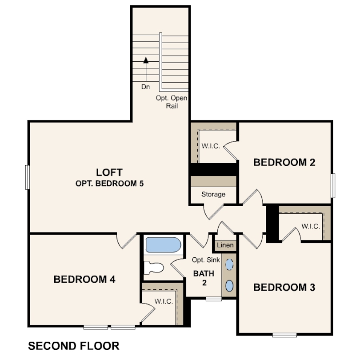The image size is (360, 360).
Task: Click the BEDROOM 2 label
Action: click(x=284, y=163)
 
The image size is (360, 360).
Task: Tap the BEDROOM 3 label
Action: click(x=284, y=288)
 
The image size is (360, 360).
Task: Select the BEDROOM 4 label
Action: click(x=84, y=280)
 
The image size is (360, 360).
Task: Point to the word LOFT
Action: click(x=109, y=172)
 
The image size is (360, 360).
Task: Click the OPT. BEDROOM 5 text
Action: click(x=109, y=183)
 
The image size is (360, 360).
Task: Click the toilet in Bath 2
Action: click(x=154, y=268)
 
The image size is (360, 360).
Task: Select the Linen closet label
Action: click(x=225, y=245)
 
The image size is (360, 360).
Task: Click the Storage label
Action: click(x=213, y=194)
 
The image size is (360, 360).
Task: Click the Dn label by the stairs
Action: click(x=145, y=87)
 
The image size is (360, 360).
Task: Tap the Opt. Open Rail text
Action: click(x=172, y=102)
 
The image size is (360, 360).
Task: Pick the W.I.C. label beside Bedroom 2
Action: click(x=211, y=146)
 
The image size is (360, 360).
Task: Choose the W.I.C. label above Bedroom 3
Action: click(x=311, y=226)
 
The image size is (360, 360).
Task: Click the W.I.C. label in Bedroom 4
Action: click(x=164, y=301)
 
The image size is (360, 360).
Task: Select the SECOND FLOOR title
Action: click(x=74, y=345)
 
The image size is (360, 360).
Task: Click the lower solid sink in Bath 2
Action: click(x=229, y=285)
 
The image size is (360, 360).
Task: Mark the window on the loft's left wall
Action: click(x=27, y=176)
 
